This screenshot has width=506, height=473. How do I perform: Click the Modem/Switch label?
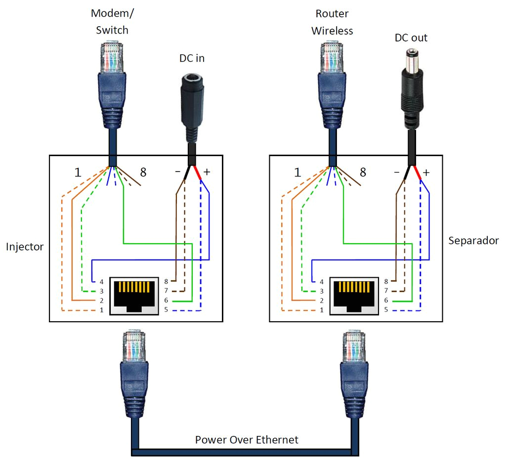pos(112,22)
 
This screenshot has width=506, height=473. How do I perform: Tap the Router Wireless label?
pos(332,22)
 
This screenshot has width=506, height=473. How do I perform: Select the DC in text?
pos(192,58)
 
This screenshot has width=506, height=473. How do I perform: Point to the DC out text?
pos(411,38)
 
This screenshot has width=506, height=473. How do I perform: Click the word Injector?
pos(25,246)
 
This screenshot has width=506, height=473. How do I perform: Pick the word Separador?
pos(473,241)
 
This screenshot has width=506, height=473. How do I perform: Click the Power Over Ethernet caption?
pos(247,439)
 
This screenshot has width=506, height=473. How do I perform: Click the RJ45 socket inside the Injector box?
pos(133,296)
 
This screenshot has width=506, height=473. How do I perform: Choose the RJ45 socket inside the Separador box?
pos(353,296)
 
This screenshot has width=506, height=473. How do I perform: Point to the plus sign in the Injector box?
pos(207,172)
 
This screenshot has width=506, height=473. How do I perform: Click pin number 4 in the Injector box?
pos(101,281)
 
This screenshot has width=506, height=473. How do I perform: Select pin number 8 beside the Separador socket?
pos(386,281)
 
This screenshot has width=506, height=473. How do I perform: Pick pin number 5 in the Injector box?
pos(167,310)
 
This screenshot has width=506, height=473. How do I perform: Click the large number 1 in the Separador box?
pos(297,172)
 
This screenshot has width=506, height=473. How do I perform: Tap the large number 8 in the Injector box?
pos(143,172)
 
